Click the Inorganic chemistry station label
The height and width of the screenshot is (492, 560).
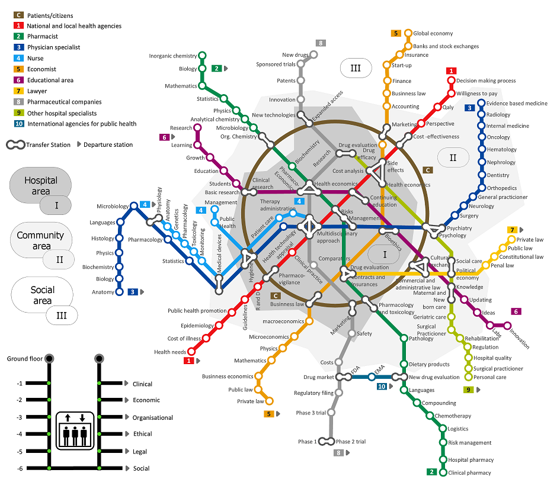[x=172, y=56]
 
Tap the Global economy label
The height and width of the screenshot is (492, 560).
[x=433, y=34]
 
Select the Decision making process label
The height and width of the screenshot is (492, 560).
[x=486, y=81]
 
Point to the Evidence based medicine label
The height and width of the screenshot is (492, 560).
[x=517, y=104]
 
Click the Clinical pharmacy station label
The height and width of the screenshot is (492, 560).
[x=469, y=473]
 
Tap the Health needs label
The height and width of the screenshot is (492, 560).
[x=170, y=352]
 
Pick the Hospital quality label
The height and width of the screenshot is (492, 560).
[x=493, y=358]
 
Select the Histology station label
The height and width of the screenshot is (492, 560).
[x=103, y=239]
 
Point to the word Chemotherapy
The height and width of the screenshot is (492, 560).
[x=453, y=416]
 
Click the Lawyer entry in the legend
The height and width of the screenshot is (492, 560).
[x=37, y=91]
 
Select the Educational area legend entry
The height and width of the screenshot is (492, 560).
[x=50, y=80]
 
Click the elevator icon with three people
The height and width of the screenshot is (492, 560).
[x=75, y=429]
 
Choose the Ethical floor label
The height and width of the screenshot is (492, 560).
[x=142, y=434]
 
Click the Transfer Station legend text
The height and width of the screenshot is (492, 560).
[x=49, y=144]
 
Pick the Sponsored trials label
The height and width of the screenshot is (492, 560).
[x=276, y=65]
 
